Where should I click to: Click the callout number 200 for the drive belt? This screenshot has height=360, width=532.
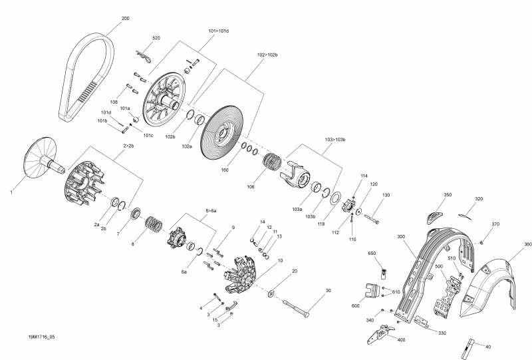pyautogui.click(x=126, y=18)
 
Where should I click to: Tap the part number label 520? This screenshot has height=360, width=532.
pyautogui.click(x=156, y=39)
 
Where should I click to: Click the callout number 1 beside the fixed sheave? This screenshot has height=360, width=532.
pyautogui.click(x=11, y=192)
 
